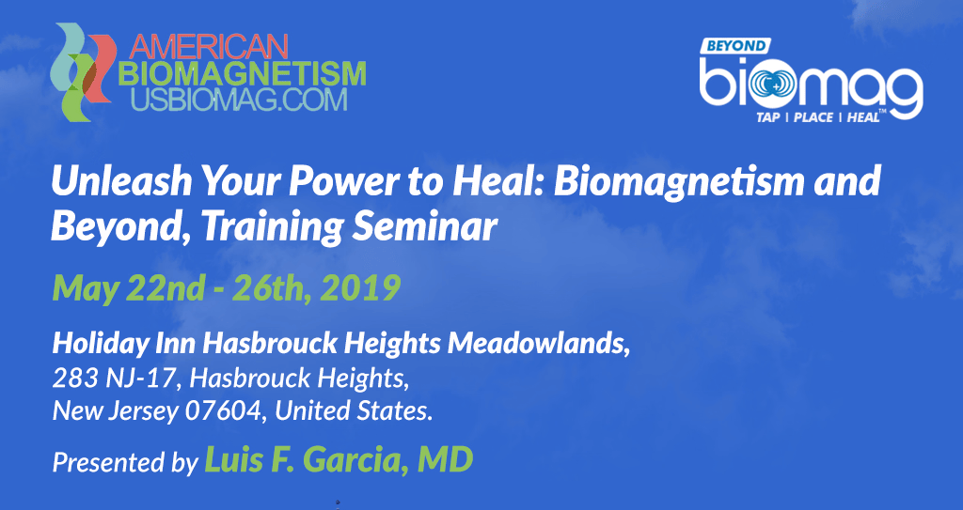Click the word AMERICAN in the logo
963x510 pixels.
click(x=208, y=46)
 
